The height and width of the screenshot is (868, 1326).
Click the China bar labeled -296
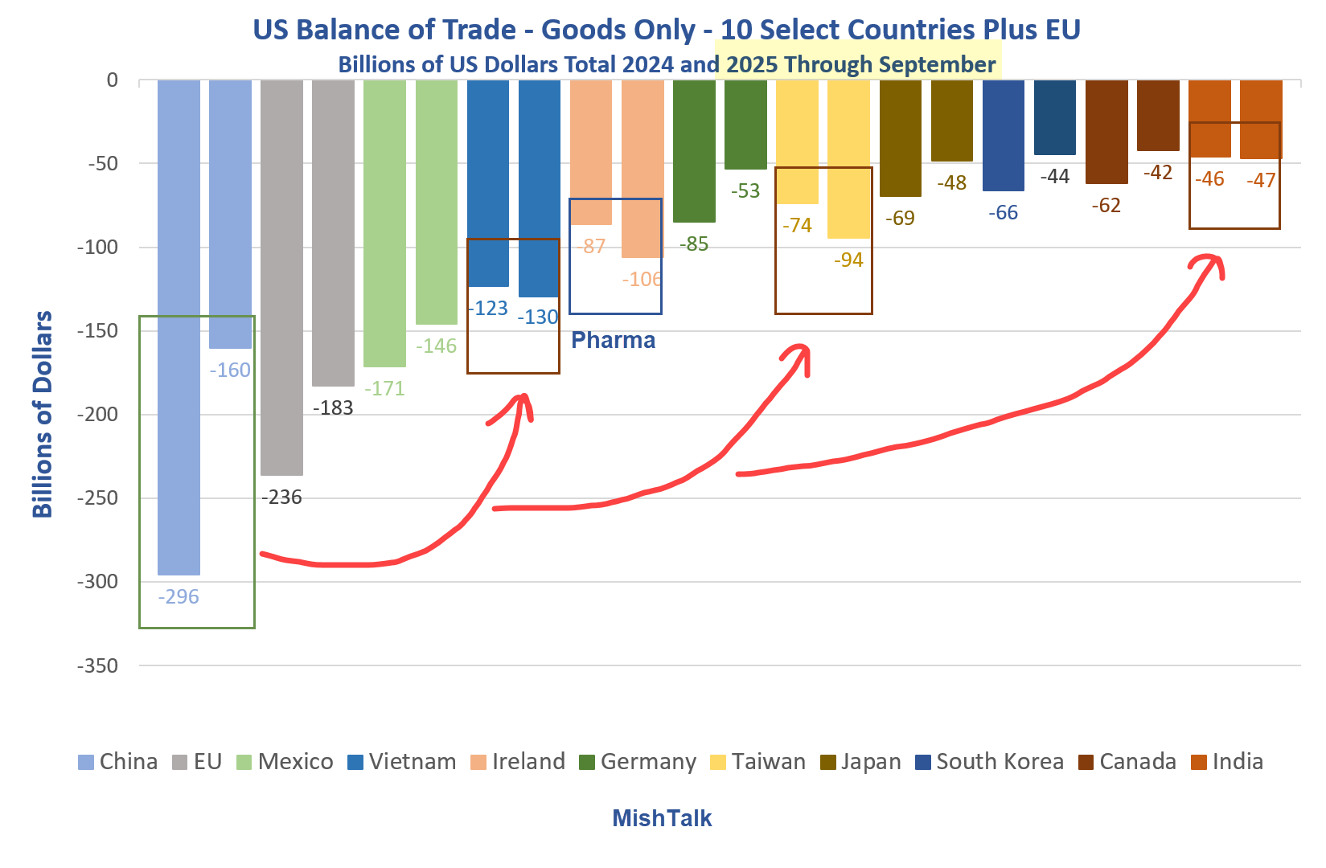pyautogui.click(x=179, y=321)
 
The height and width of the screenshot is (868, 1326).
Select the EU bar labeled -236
pyautogui.click(x=281, y=273)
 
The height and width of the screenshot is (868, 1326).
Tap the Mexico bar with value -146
pyautogui.click(x=437, y=201)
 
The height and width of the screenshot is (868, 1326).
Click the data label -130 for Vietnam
pyautogui.click(x=537, y=317)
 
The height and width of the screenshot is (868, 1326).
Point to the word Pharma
pyautogui.click(x=613, y=341)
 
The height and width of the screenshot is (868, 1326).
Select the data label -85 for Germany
pyautogui.click(x=694, y=244)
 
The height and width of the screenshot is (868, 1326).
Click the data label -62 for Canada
pyautogui.click(x=1106, y=206)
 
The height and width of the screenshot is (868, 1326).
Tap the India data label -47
pyautogui.click(x=1260, y=180)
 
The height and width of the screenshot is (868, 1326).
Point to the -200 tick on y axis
pyautogui.click(x=97, y=415)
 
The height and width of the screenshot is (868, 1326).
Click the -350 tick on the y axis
pyautogui.click(x=97, y=665)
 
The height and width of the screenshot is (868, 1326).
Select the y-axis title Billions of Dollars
pyautogui.click(x=42, y=414)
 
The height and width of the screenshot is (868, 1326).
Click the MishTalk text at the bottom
pyautogui.click(x=662, y=818)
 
